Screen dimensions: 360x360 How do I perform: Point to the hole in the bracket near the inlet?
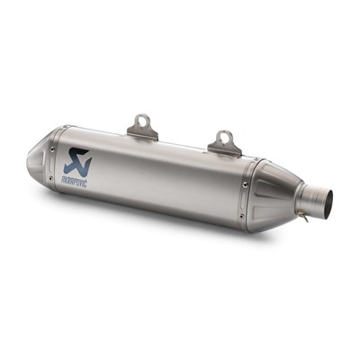[x=224, y=138]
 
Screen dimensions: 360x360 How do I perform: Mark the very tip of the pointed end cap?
[x=29, y=163]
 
